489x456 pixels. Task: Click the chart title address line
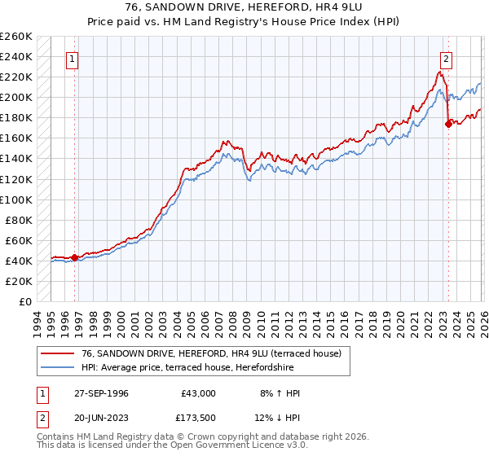[244, 7]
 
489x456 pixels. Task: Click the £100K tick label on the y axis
[16, 199]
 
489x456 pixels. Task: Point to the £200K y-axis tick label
[16, 97]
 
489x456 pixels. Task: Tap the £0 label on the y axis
[24, 301]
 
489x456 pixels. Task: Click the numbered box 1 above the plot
[73, 59]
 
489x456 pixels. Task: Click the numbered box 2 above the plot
[447, 59]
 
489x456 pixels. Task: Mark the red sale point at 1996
[75, 258]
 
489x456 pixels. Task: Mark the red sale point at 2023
[447, 125]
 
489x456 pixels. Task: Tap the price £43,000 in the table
[198, 392]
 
